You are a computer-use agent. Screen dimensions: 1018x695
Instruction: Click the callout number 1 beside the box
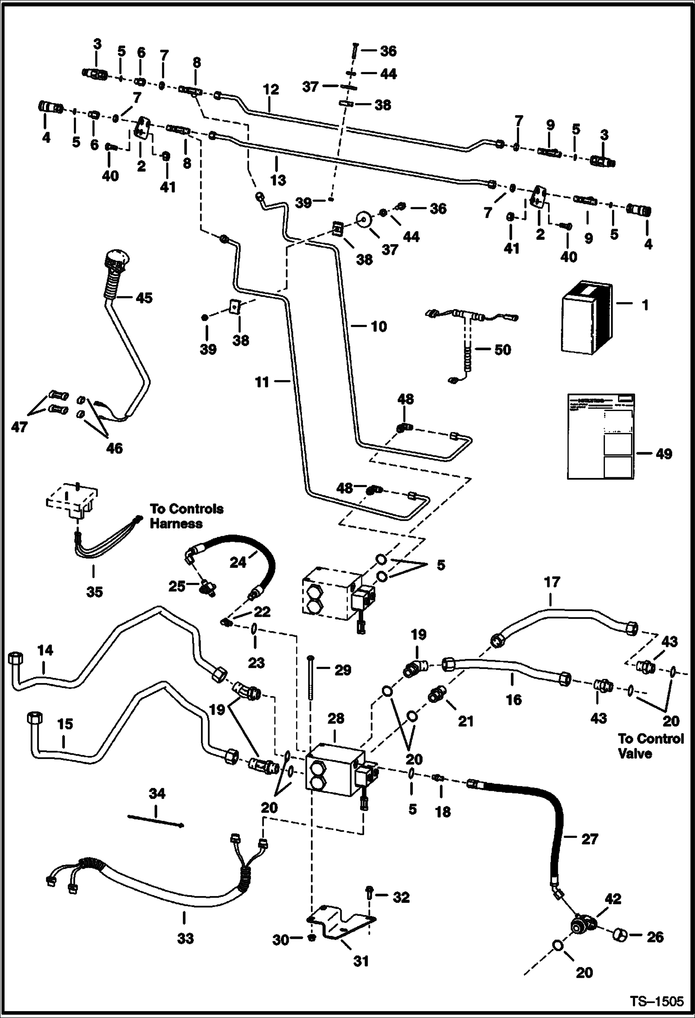[645, 305]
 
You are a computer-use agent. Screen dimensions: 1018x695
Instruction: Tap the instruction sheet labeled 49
[601, 436]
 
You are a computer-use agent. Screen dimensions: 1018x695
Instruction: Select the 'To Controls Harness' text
[186, 516]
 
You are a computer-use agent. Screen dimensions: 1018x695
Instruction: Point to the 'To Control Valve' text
[650, 746]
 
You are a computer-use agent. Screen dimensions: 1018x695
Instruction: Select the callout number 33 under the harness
[185, 938]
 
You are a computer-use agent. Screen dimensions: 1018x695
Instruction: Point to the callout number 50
[502, 349]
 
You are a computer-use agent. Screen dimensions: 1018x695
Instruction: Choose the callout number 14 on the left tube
[45, 651]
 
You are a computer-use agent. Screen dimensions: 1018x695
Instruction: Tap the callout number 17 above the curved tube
[552, 582]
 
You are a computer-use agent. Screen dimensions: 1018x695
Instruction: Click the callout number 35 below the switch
[94, 592]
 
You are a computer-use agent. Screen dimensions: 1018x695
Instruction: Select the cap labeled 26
[621, 935]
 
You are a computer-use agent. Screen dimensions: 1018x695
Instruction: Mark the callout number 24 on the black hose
[238, 562]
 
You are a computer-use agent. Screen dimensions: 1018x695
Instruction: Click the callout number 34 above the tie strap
[157, 793]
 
